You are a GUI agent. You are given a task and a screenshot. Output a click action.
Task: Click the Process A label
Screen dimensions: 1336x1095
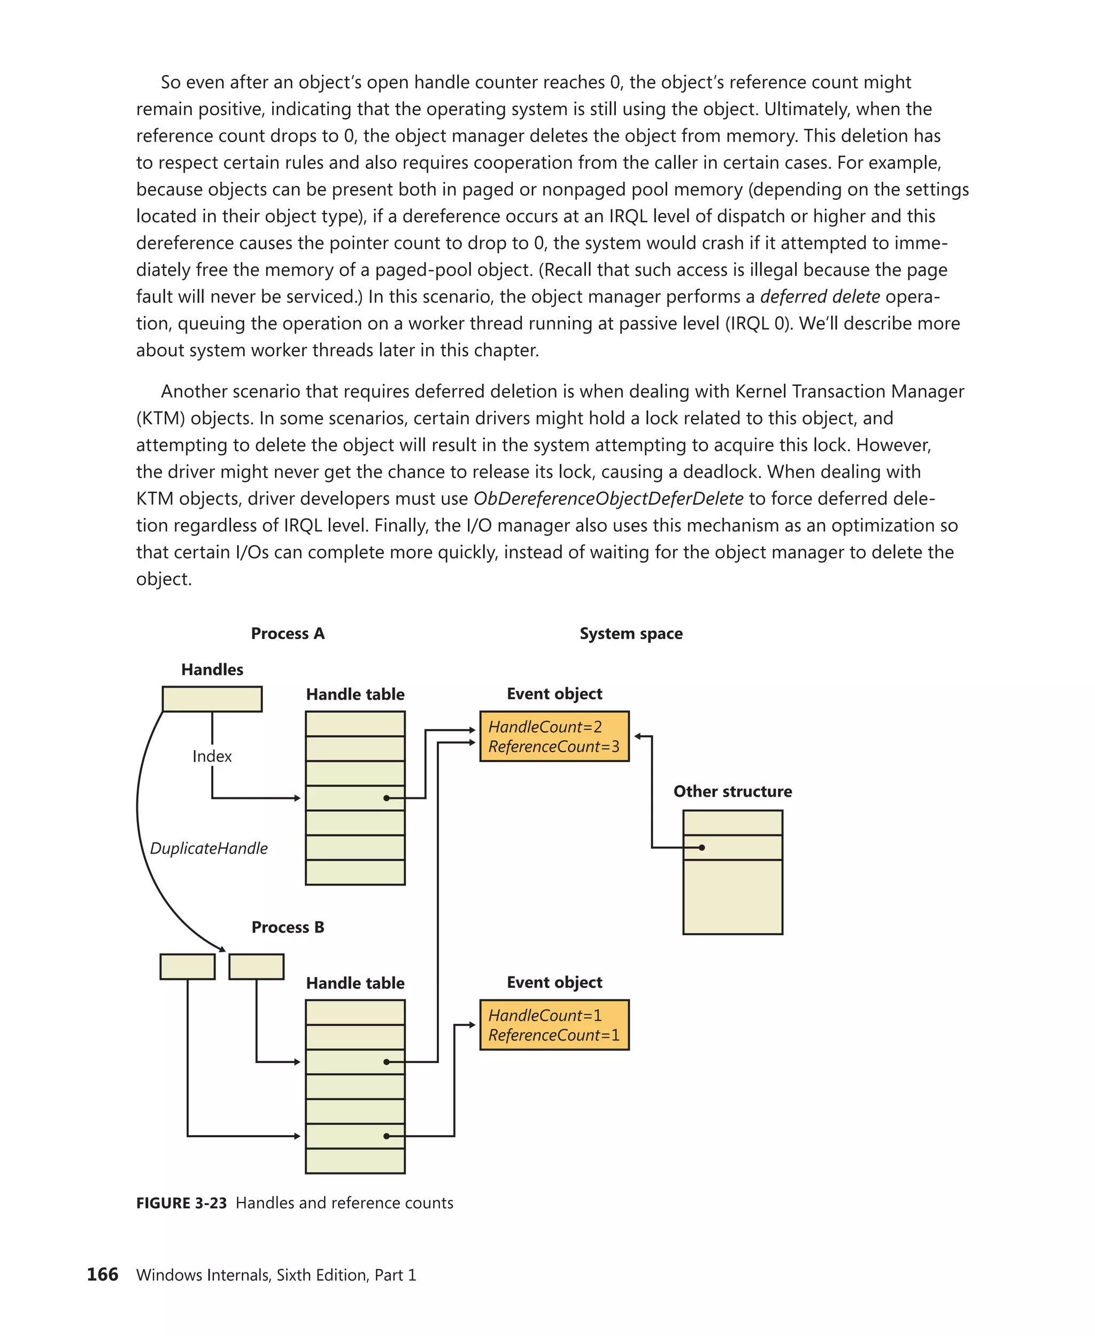click(288, 634)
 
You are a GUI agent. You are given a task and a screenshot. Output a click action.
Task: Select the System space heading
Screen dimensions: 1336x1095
click(631, 634)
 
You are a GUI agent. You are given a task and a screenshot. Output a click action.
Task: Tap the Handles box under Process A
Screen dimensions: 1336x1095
click(212, 699)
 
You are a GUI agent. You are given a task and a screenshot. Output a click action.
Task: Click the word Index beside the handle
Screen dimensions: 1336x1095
click(212, 757)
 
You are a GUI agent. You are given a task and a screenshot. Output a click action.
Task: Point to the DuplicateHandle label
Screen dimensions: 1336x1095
click(209, 849)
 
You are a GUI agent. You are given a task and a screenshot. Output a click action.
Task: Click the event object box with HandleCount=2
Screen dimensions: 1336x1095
click(554, 736)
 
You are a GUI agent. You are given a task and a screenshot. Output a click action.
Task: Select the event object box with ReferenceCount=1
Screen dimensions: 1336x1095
click(554, 1024)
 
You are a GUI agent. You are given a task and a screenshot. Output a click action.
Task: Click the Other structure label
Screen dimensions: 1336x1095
click(732, 792)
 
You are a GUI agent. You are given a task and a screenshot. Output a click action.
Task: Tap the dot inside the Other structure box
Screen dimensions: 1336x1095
click(701, 848)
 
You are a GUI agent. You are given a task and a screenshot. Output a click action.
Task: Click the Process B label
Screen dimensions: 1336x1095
click(288, 927)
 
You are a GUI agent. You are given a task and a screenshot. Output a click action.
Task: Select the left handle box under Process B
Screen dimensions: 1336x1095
click(187, 967)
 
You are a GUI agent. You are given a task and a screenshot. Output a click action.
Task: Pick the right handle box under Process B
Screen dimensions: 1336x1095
click(256, 967)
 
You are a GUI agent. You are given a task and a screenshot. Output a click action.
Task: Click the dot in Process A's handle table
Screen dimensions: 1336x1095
click(386, 798)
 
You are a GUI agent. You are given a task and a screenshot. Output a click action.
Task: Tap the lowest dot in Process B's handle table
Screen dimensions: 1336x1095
click(386, 1136)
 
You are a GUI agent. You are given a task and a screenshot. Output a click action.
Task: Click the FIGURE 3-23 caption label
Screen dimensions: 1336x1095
click(181, 1203)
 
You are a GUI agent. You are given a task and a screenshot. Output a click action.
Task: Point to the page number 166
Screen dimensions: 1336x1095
click(102, 1275)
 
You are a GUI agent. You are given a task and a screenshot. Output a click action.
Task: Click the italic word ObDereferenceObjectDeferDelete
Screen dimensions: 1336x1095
click(608, 499)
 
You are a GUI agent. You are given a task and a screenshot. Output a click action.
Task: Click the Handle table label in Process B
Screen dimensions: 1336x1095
click(355, 983)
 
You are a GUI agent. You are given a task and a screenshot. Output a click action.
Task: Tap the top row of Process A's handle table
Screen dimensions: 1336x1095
click(355, 724)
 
